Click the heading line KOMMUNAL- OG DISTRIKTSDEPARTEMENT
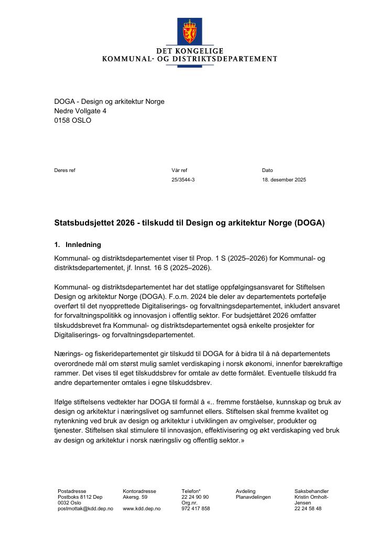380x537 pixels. coord(189,59)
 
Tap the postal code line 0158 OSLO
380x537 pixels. coord(72,120)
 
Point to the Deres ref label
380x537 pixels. coord(64,170)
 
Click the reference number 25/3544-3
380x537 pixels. coord(183,180)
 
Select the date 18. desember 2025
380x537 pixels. coord(284,180)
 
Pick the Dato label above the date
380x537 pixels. coord(267,170)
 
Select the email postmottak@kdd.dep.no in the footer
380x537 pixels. coord(85,509)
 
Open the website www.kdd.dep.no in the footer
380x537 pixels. coord(142,509)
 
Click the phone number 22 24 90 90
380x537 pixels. coord(195,497)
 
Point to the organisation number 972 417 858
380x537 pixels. coord(196,509)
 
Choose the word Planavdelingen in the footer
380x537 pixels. coord(253,497)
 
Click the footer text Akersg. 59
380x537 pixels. coord(135,497)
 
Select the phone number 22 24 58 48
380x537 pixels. coord(308,509)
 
